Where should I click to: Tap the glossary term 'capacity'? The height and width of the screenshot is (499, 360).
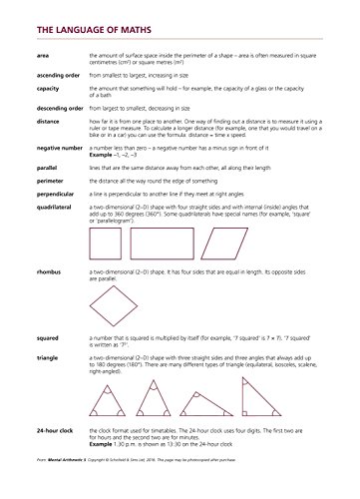coord(47,89)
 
